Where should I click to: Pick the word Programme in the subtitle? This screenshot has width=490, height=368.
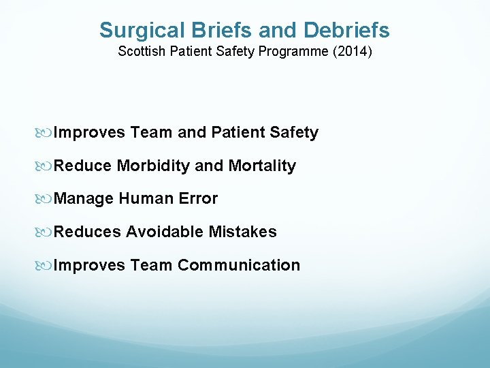(289, 52)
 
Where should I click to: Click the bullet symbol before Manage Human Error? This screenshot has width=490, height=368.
(47, 199)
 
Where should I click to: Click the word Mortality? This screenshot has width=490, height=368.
(262, 166)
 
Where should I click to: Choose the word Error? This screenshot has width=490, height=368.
(197, 199)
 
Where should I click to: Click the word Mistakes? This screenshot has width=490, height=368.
(242, 232)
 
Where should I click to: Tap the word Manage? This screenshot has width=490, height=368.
(84, 200)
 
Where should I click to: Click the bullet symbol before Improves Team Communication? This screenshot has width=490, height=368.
(47, 265)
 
